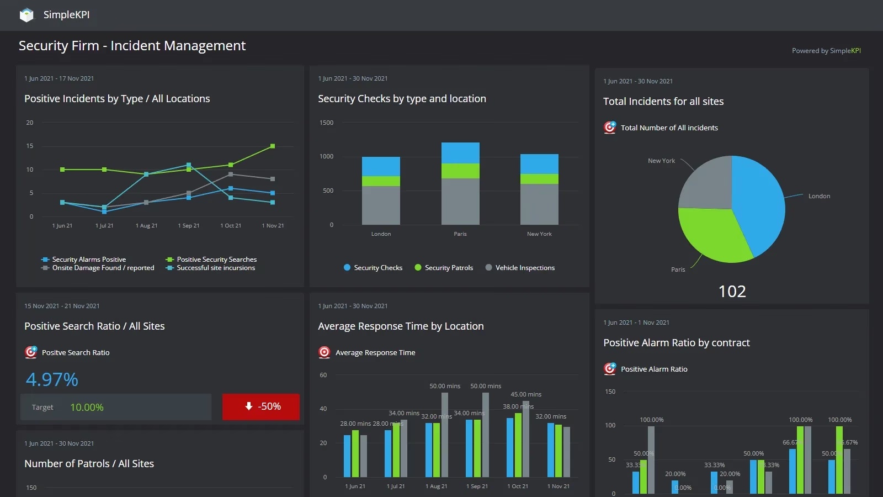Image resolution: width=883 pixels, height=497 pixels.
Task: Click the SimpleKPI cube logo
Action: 26,15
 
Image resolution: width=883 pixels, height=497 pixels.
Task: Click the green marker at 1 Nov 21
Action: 273,146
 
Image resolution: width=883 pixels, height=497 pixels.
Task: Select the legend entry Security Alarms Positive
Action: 88,260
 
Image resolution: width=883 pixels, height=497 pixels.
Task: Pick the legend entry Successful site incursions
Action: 215,268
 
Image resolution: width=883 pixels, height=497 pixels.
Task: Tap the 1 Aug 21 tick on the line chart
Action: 146,226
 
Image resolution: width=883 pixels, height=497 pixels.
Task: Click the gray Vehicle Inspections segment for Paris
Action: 460,201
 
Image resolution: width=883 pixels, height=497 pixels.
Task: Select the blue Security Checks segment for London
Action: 381,166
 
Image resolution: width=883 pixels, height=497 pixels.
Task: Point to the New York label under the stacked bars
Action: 539,234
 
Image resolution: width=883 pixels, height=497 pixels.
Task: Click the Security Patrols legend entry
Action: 448,268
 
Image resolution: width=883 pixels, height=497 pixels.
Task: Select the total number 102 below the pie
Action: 732,292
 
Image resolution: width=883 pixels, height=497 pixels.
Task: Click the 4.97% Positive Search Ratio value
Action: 52,379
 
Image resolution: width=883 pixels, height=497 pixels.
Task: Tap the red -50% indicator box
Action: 261,406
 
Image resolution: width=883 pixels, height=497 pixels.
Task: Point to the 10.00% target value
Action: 87,408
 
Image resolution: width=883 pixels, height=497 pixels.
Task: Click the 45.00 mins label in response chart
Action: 526,394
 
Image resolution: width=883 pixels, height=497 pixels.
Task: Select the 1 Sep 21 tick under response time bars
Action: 477,487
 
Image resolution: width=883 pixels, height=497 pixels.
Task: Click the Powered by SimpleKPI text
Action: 826,51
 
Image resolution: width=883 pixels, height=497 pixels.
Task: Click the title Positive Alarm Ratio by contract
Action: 677,343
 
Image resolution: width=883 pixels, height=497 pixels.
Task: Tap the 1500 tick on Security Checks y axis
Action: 327,123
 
